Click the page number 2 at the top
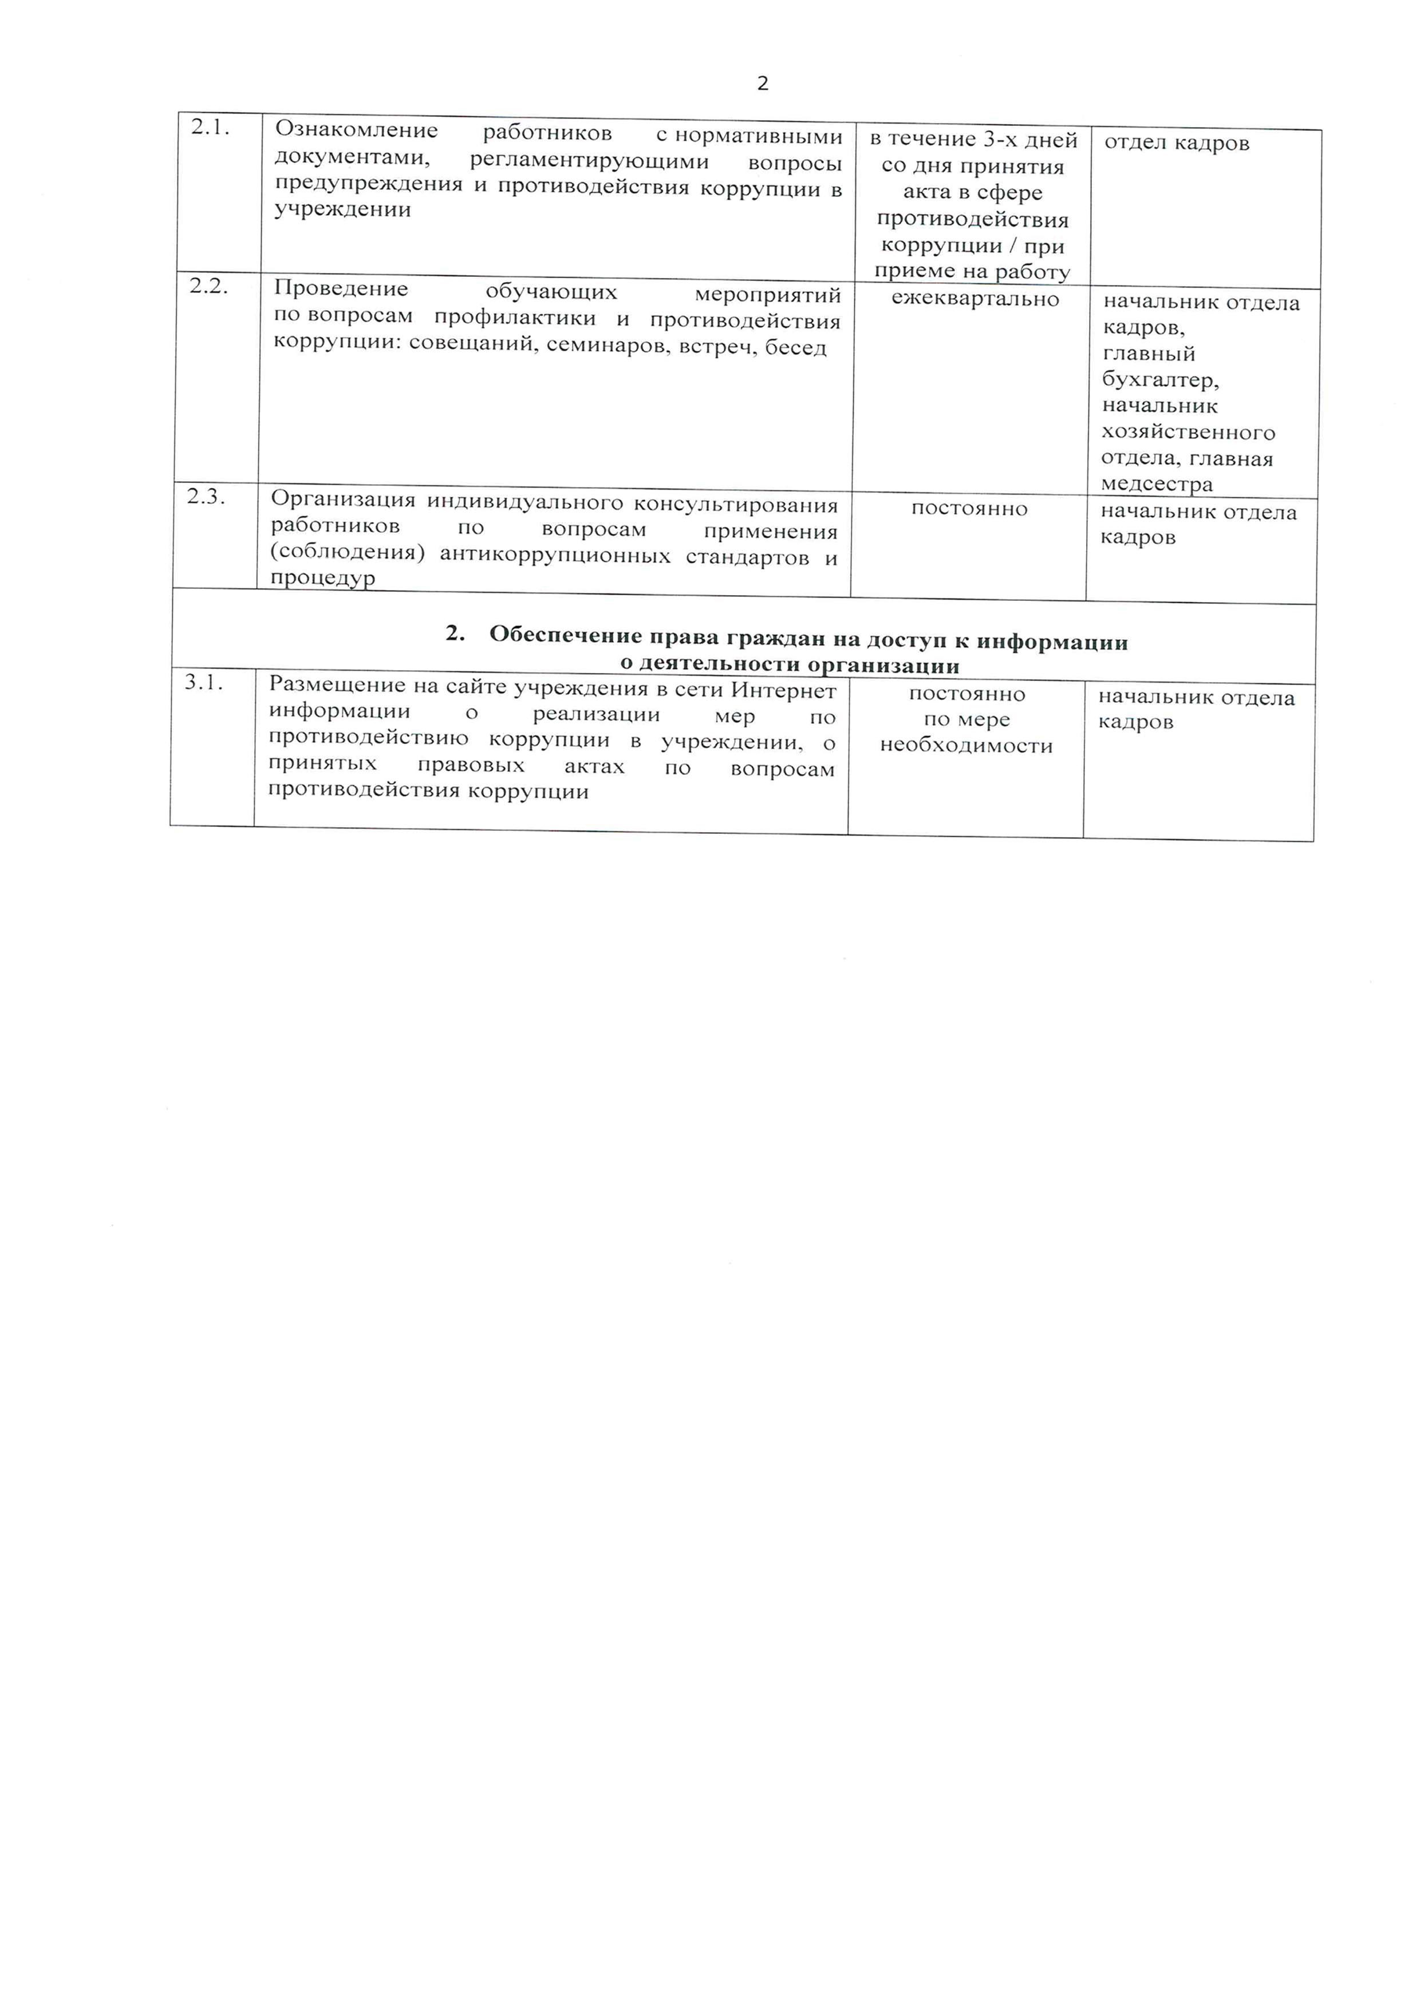[763, 84]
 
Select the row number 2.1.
[210, 128]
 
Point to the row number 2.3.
[206, 497]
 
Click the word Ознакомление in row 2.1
[356, 131]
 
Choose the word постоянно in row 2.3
[969, 509]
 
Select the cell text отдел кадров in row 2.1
[1176, 143]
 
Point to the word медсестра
[1156, 484]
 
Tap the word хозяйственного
[1188, 433]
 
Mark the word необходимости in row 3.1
[966, 746]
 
